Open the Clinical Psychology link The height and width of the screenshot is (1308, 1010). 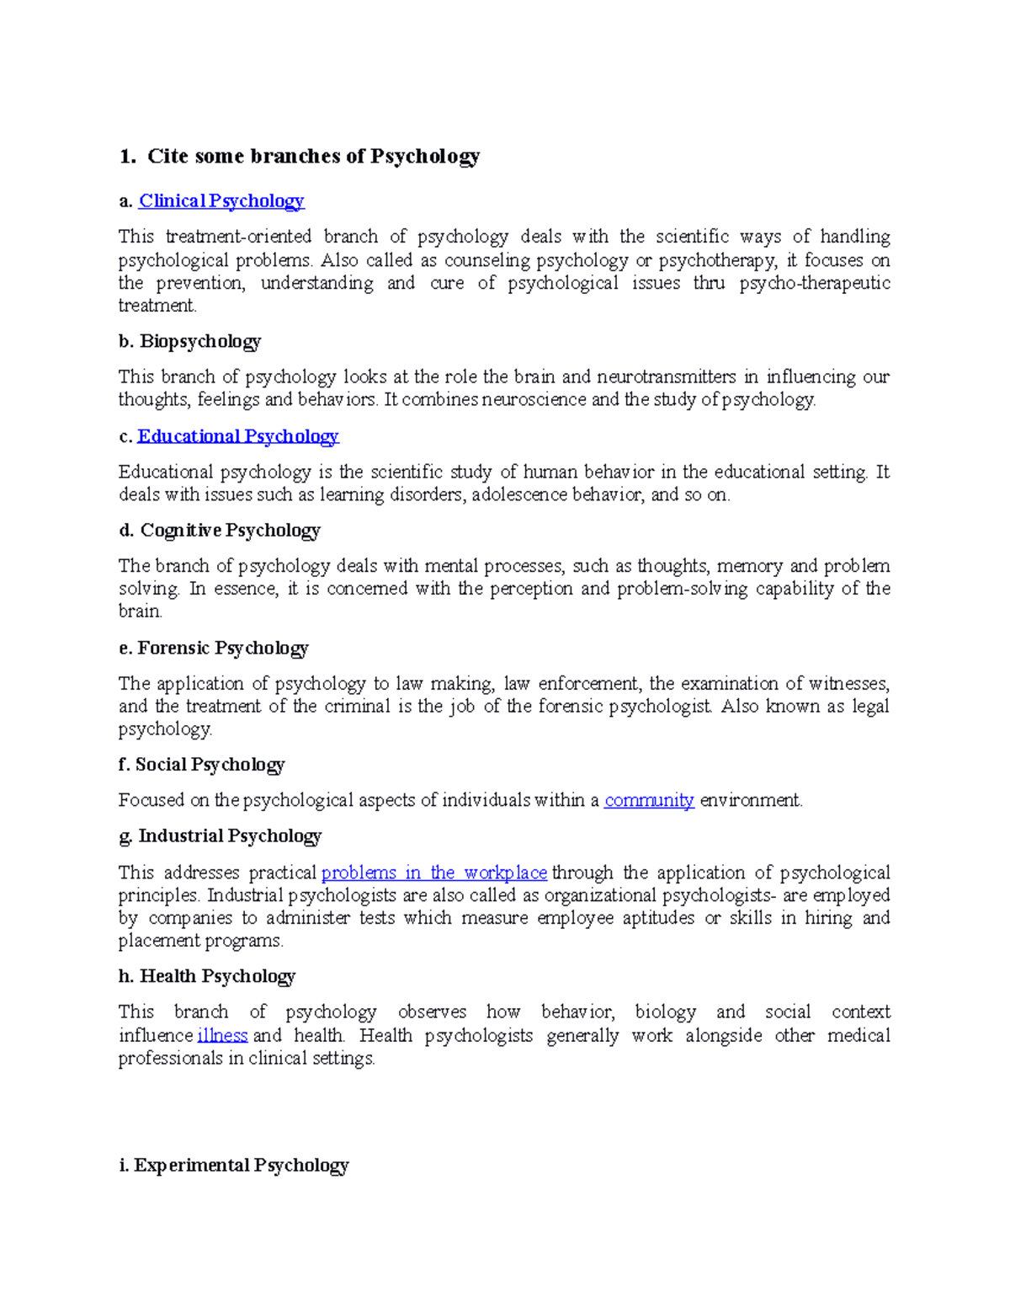221,201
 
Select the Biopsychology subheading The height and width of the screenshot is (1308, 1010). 199,341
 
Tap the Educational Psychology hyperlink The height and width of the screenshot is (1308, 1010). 237,436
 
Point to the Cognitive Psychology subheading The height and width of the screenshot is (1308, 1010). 230,531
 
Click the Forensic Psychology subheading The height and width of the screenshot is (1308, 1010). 222,649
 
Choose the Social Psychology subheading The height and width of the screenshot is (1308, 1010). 210,765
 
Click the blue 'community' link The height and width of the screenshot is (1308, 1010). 649,800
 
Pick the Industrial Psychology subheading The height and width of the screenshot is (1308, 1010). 230,836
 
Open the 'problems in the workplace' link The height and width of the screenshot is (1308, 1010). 434,873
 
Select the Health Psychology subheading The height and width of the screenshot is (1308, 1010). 217,976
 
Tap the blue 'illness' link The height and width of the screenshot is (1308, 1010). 222,1035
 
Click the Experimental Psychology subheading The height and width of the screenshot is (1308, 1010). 241,1166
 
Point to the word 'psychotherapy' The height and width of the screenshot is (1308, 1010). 718,260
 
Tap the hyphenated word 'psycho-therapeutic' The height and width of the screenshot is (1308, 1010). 815,283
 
